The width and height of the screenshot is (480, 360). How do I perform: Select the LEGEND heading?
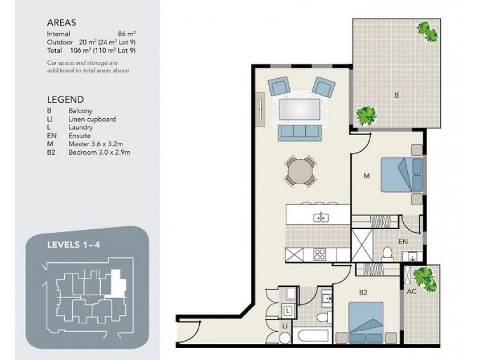pyautogui.click(x=65, y=99)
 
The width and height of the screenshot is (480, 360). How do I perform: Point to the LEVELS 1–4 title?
pyautogui.click(x=73, y=245)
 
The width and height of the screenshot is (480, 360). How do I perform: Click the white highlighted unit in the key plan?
pyautogui.click(x=118, y=283)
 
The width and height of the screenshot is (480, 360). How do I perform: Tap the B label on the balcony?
pyautogui.click(x=397, y=95)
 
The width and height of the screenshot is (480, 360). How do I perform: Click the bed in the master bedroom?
pyautogui.click(x=401, y=175)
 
